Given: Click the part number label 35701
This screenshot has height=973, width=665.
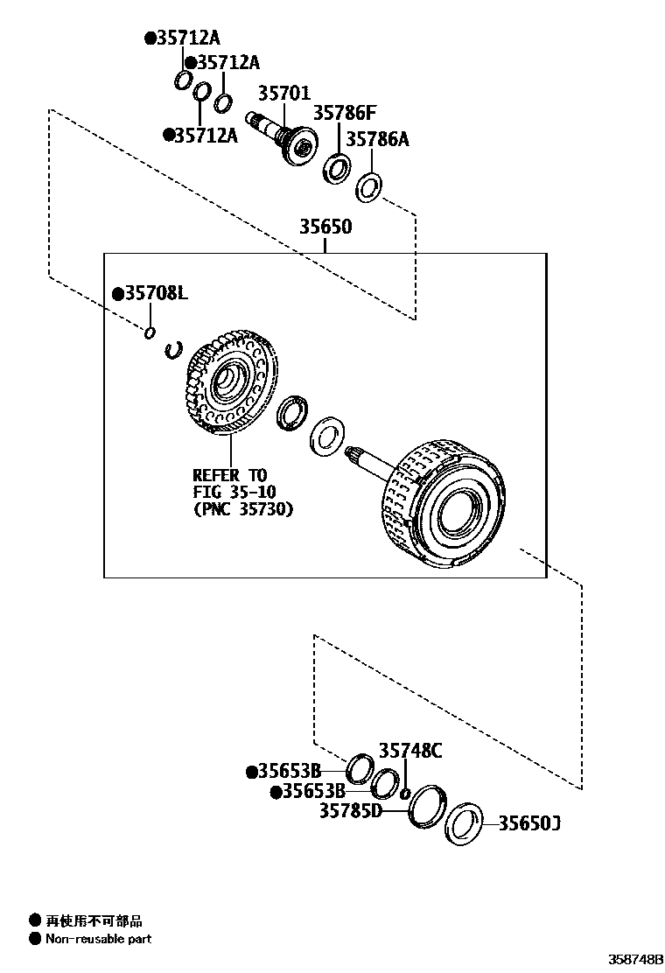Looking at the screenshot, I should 283,93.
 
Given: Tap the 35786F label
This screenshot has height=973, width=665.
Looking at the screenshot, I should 344,113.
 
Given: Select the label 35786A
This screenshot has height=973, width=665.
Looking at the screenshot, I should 377,139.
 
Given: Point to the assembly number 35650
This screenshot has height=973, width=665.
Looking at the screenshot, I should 325,227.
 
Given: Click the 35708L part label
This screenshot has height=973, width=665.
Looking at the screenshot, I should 150,294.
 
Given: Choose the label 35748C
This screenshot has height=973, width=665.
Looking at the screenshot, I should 410,750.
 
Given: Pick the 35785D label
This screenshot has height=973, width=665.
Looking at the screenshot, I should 350,811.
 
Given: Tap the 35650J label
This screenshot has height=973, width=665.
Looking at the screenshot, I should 529,823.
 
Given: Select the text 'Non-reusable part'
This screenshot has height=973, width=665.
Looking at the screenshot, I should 98,939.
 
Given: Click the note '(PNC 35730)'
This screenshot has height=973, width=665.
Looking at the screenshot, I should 243,508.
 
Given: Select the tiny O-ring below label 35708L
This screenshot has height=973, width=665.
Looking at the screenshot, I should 150,332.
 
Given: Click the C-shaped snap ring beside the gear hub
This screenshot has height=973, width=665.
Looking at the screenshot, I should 173,350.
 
